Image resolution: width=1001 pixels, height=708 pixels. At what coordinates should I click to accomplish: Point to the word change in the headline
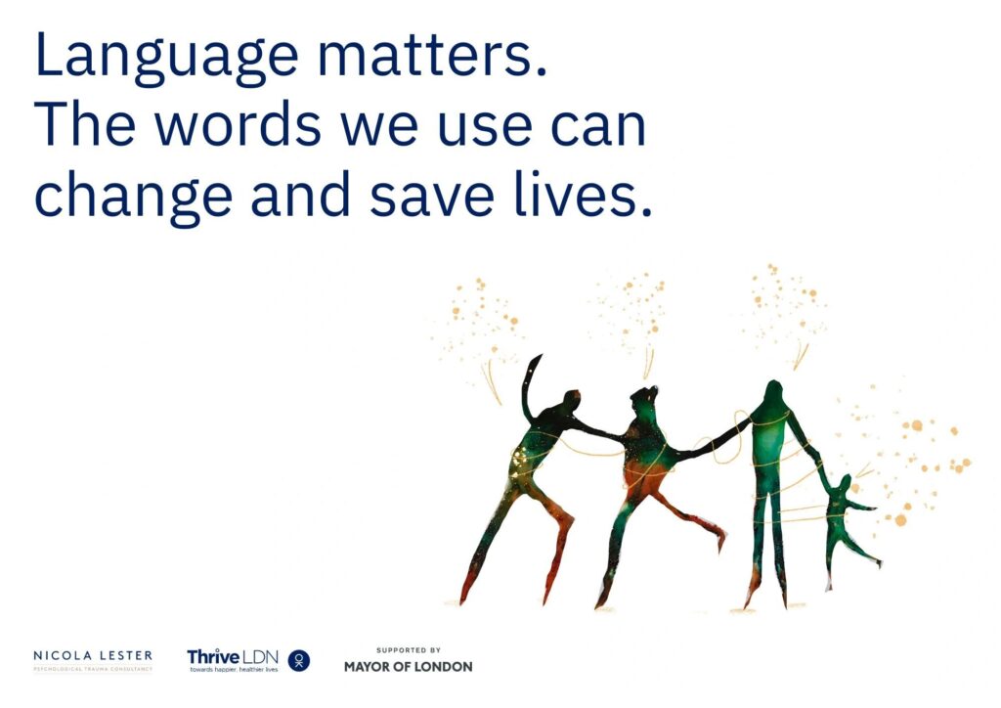pos(133,196)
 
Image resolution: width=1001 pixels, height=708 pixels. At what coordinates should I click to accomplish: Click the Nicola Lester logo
pos(93,660)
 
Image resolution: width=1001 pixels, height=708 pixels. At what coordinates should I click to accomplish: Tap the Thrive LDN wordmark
pos(233,657)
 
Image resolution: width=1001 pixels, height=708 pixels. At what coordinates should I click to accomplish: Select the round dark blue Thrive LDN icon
pos(299,661)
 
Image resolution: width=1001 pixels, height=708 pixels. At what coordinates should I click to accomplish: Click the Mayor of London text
pos(408,667)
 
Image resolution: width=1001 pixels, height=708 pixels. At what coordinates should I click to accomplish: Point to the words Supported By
pos(409,649)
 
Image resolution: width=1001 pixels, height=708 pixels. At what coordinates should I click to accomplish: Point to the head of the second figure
pos(644,399)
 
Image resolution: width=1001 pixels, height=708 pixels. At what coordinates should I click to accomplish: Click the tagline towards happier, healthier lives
pos(233,669)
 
